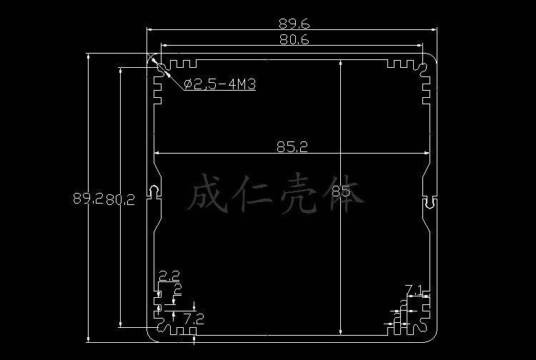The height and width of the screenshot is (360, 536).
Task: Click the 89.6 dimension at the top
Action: pos(294,24)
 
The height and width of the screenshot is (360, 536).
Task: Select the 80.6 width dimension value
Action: pos(294,40)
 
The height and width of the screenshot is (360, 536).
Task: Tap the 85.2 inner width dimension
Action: pos(294,147)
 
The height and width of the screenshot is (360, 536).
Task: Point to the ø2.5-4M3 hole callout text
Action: pos(220,84)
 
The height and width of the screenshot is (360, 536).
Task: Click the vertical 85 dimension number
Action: pos(342,191)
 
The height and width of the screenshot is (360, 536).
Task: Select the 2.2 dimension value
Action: pos(169,275)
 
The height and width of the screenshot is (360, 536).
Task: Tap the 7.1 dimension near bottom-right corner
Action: pos(415,290)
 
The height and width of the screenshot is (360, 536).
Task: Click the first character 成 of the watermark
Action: pos(208,194)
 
